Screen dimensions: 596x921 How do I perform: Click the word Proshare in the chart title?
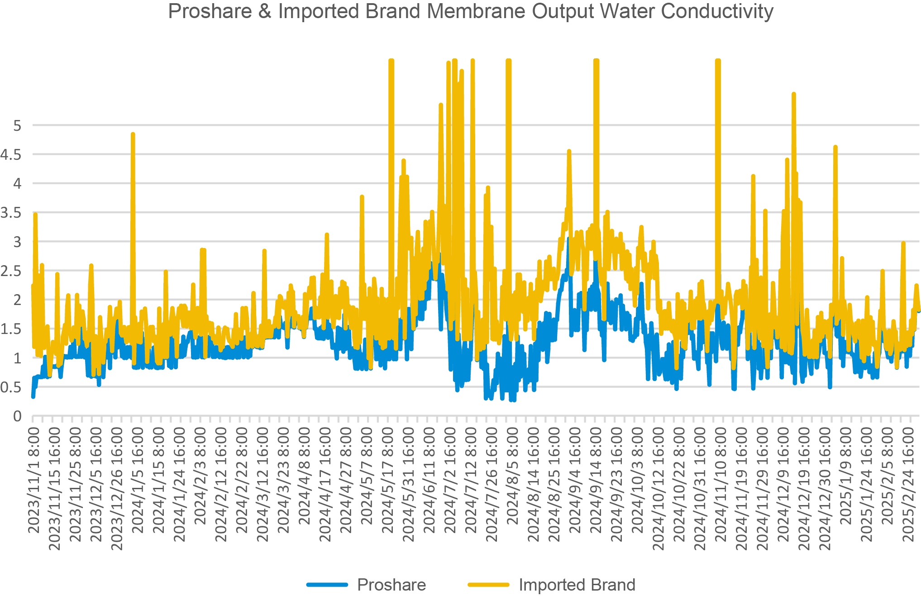pyautogui.click(x=210, y=11)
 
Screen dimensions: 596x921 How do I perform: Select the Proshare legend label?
pyautogui.click(x=391, y=585)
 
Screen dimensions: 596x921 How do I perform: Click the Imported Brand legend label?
pyautogui.click(x=577, y=585)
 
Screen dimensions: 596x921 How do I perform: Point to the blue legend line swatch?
pyautogui.click(x=327, y=585)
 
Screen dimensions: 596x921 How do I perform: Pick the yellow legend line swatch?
pyautogui.click(x=488, y=585)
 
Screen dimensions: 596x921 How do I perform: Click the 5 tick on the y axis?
pyautogui.click(x=17, y=125)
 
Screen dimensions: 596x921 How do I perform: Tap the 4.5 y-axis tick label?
pyautogui.click(x=11, y=155)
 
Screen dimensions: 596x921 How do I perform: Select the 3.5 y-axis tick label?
pyautogui.click(x=11, y=213)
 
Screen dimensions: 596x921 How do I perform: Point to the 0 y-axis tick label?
pyautogui.click(x=17, y=416)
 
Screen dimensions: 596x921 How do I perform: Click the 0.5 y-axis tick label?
pyautogui.click(x=11, y=387)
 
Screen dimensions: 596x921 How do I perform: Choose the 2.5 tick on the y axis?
pyautogui.click(x=11, y=271)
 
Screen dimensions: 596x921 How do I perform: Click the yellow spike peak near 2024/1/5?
pyautogui.click(x=133, y=134)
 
